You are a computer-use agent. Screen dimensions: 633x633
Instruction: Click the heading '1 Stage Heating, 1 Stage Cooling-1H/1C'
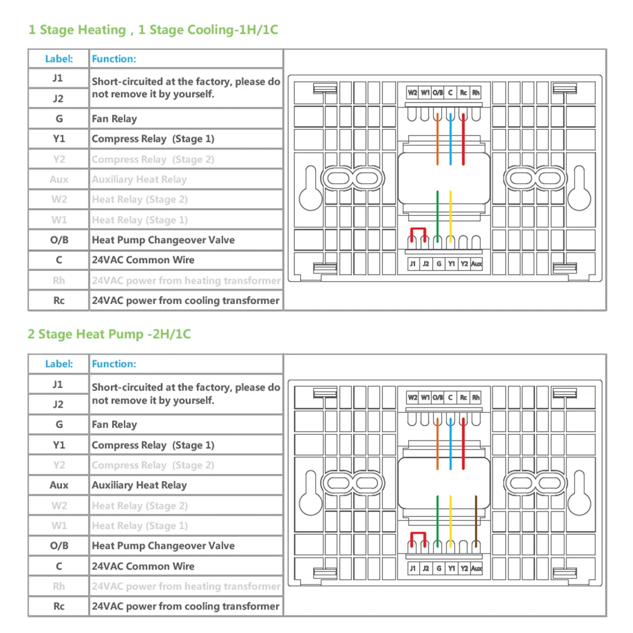(x=153, y=30)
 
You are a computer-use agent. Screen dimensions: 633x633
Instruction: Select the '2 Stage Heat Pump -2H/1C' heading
(x=108, y=334)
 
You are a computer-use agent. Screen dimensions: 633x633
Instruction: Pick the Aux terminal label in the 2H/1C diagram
(x=477, y=569)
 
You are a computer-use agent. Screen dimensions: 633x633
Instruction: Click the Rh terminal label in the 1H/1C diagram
(x=476, y=92)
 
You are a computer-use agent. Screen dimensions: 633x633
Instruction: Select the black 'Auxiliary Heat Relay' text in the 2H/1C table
(x=139, y=486)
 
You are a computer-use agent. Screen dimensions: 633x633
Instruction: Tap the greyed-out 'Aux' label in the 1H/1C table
(x=59, y=180)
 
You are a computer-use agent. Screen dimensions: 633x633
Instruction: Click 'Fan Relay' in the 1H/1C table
(x=114, y=119)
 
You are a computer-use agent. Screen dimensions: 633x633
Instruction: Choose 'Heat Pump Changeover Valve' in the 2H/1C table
(x=163, y=546)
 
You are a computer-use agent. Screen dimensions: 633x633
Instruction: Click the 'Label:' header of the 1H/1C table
(x=59, y=59)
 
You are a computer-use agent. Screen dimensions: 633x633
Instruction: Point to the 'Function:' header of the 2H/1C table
(x=114, y=364)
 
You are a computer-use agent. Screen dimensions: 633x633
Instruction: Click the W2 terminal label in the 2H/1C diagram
(x=412, y=398)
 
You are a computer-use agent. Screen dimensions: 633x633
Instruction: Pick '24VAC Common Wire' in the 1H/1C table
(x=143, y=260)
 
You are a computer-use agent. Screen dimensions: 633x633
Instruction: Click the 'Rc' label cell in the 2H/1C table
(x=59, y=606)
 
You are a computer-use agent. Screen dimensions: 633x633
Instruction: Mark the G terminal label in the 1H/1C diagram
(x=438, y=264)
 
